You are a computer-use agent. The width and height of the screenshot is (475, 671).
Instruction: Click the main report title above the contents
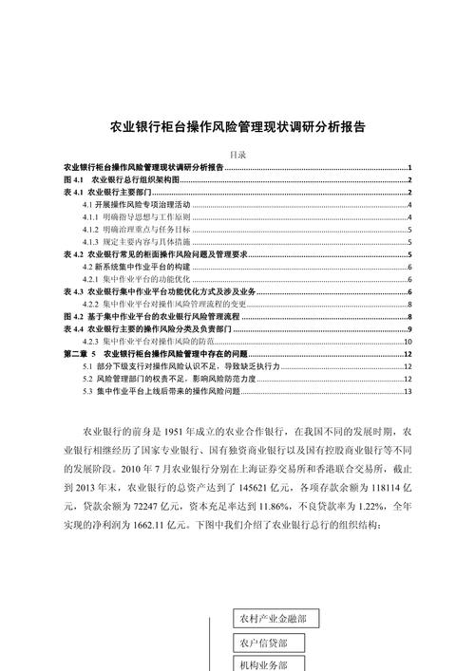pos(237,125)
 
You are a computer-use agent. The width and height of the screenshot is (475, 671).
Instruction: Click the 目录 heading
pos(237,154)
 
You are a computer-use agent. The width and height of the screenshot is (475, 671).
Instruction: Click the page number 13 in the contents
pos(407,390)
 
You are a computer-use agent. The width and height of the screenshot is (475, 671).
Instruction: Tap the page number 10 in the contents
pos(407,341)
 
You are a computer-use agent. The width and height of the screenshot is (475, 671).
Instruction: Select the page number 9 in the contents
pos(408,328)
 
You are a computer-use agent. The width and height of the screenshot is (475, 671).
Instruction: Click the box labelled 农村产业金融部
pos(275,620)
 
